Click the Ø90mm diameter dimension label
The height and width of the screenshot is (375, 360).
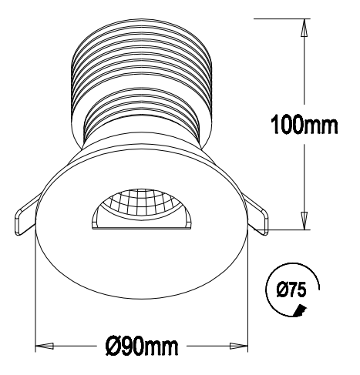click(143, 344)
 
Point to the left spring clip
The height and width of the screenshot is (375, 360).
click(24, 215)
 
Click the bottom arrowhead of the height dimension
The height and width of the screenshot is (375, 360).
click(304, 223)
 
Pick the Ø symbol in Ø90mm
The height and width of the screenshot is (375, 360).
click(110, 344)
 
